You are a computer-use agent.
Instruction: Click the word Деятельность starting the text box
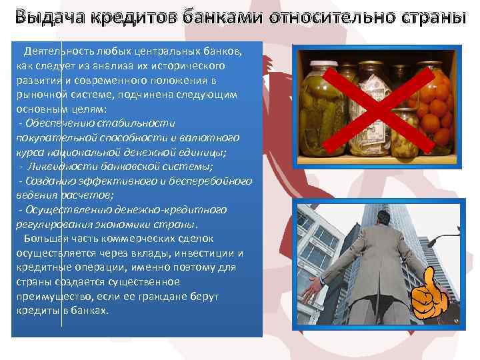[56, 53]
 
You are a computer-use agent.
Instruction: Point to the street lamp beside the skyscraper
[437, 239]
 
